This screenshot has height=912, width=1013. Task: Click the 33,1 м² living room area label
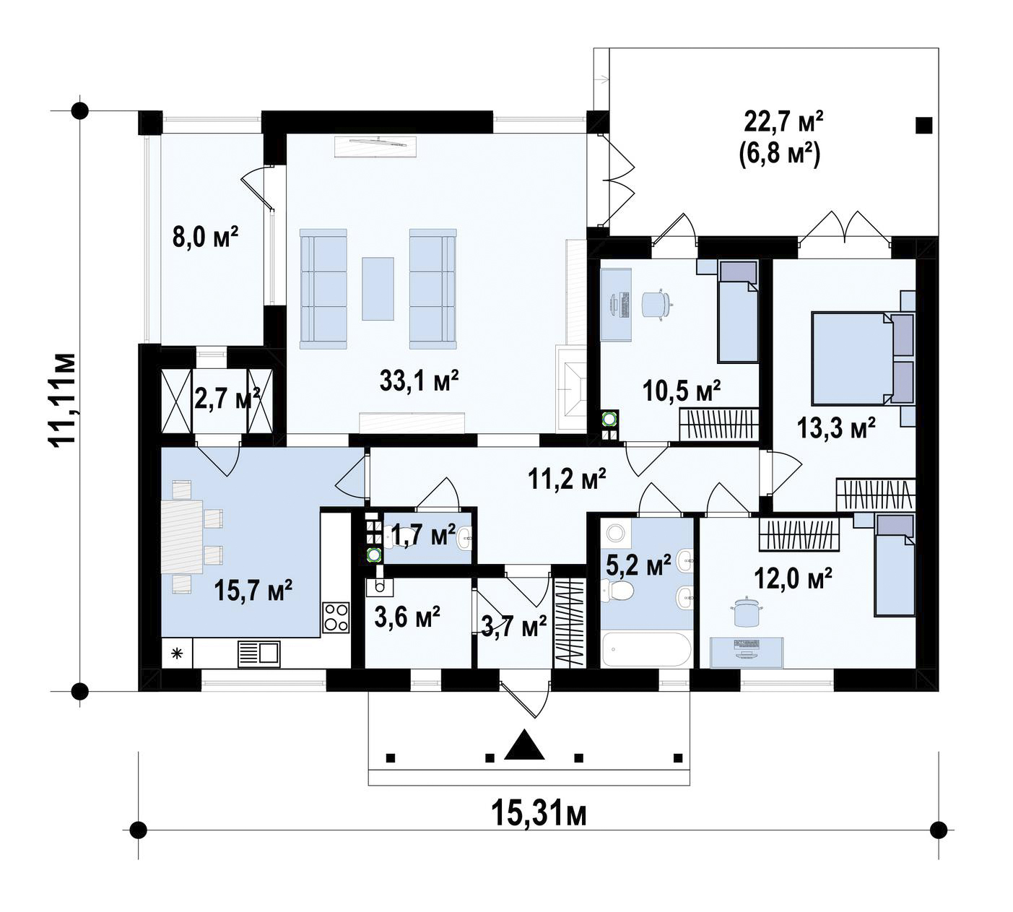(419, 381)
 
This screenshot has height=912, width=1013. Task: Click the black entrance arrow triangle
(525, 744)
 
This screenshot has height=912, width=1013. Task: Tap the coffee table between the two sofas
(378, 289)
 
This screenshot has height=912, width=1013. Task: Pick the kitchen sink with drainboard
(258, 654)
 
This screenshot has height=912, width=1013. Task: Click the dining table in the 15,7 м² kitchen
(182, 537)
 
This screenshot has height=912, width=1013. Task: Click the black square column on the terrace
(924, 125)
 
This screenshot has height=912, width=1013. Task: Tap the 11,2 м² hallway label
(567, 479)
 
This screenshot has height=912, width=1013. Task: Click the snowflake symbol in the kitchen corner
(177, 654)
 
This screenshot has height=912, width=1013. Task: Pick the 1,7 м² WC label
(423, 536)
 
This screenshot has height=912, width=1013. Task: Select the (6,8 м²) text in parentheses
(779, 156)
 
